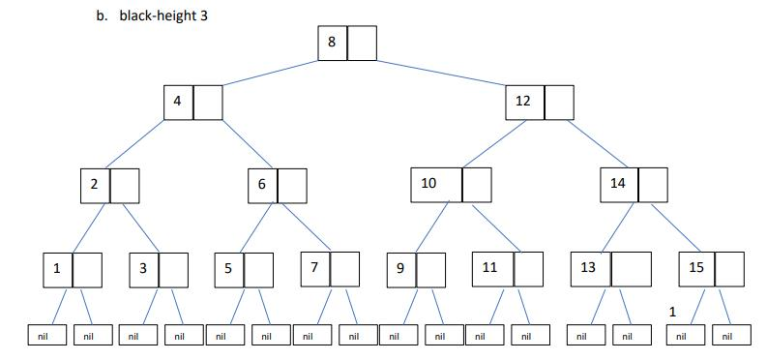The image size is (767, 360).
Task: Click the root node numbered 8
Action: pyautogui.click(x=333, y=42)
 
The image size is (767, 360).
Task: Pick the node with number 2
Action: pyautogui.click(x=96, y=184)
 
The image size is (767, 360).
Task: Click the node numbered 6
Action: pyautogui.click(x=262, y=184)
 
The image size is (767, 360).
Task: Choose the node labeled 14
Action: pyautogui.click(x=618, y=184)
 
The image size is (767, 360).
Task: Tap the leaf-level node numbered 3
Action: pyautogui.click(x=144, y=268)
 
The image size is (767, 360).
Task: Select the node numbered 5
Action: pyautogui.click(x=229, y=268)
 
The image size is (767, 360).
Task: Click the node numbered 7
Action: pyautogui.click(x=314, y=268)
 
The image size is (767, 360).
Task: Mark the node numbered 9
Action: pyautogui.click(x=401, y=268)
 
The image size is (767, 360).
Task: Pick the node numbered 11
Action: pyautogui.click(x=490, y=268)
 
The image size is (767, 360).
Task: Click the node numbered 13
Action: pyautogui.click(x=589, y=268)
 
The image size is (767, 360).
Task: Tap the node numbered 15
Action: pyautogui.click(x=696, y=268)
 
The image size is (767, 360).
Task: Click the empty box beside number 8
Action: pyautogui.click(x=362, y=42)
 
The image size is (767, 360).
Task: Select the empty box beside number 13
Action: pyautogui.click(x=632, y=268)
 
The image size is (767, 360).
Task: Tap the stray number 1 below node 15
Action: pyautogui.click(x=672, y=312)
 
